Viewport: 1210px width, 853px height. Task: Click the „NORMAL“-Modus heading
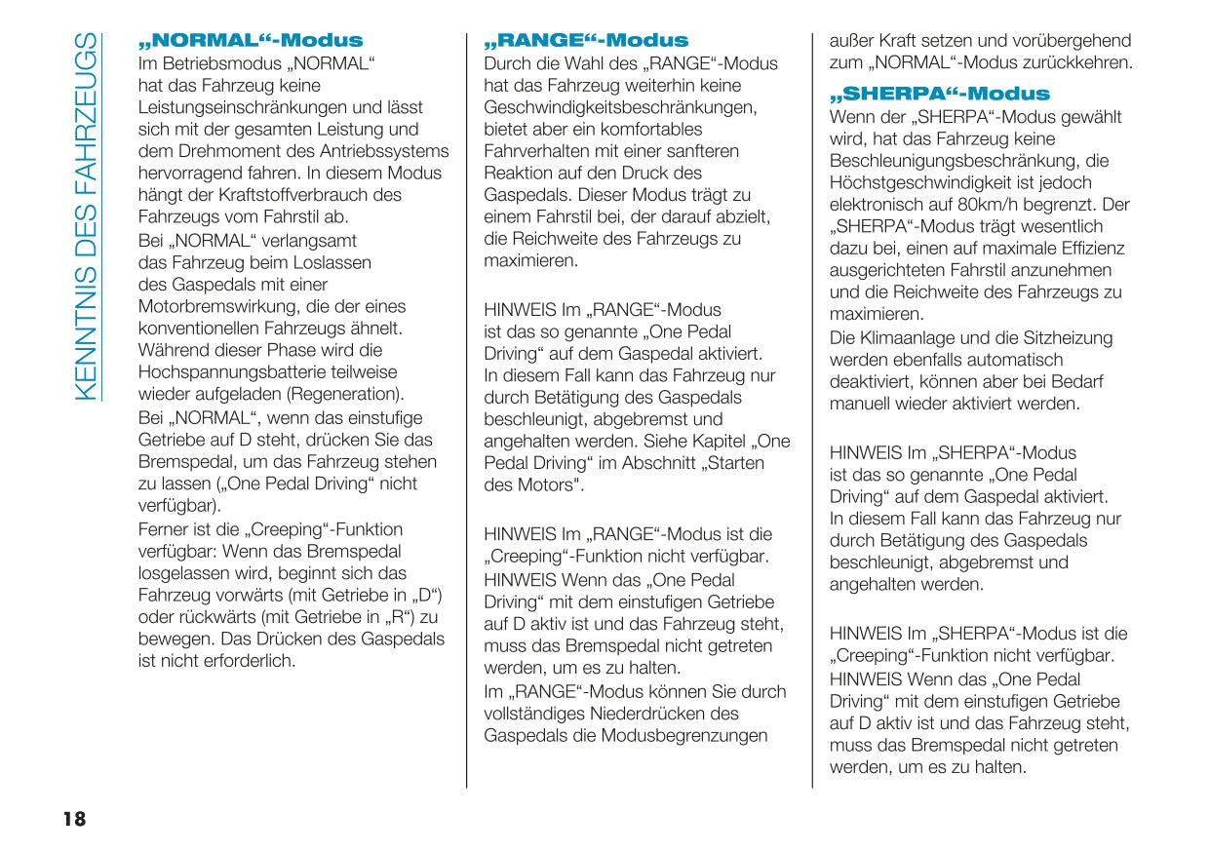point(252,41)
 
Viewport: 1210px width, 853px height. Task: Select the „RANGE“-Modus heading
point(586,41)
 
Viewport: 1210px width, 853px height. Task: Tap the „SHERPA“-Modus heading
point(939,95)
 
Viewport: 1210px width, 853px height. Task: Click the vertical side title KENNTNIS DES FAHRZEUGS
point(86,216)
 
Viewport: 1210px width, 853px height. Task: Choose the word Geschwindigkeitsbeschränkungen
point(620,107)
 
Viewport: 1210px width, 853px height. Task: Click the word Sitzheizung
point(1071,338)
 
